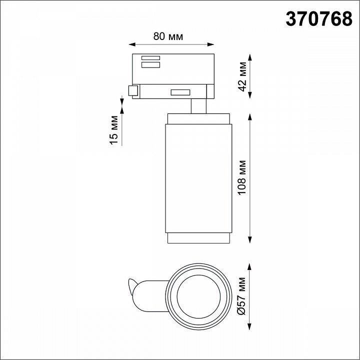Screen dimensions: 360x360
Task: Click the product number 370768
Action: [318, 19]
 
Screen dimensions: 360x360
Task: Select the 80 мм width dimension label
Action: [168, 36]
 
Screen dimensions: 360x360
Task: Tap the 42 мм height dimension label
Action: [242, 76]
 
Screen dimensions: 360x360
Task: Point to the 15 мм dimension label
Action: [113, 130]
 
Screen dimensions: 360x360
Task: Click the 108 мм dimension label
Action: [242, 177]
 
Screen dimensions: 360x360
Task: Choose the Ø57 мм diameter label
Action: [241, 296]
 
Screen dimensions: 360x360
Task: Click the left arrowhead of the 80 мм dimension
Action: [132, 44]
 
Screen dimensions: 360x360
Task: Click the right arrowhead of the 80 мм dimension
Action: [211, 44]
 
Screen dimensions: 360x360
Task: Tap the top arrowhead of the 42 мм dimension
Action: [250, 57]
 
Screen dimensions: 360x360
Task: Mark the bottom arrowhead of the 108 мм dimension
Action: [250, 239]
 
